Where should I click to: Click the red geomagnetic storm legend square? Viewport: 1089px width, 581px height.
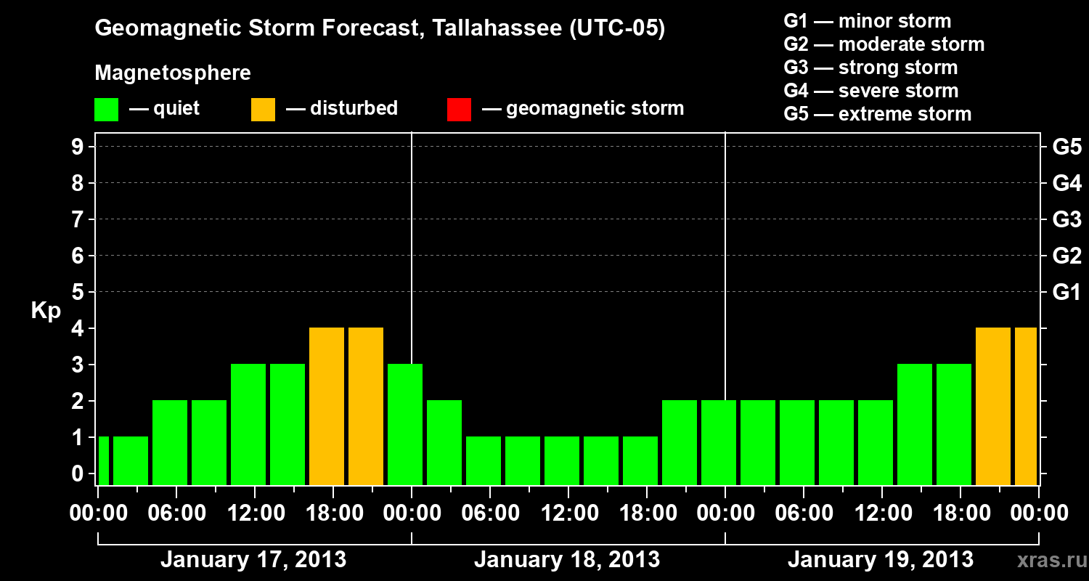pos(459,110)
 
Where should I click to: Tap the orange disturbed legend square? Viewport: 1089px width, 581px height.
pos(263,110)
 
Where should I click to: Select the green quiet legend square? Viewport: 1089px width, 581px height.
pos(106,110)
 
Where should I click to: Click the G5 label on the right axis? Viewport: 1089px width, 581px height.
pos(1066,147)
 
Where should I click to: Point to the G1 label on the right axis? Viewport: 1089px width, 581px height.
pos(1066,293)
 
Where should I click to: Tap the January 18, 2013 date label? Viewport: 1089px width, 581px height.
pos(567,560)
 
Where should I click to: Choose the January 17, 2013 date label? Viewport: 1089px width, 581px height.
pos(253,560)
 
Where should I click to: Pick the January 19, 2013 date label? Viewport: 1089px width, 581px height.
pos(880,560)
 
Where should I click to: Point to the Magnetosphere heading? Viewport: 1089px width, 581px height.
pos(173,73)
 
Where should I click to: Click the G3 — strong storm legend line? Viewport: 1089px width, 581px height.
pos(870,68)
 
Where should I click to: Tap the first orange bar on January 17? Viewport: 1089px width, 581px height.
pos(327,407)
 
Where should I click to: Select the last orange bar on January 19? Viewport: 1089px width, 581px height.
pos(1025,407)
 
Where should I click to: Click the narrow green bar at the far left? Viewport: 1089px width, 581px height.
pos(104,460)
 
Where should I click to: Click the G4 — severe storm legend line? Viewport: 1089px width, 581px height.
pos(871,91)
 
